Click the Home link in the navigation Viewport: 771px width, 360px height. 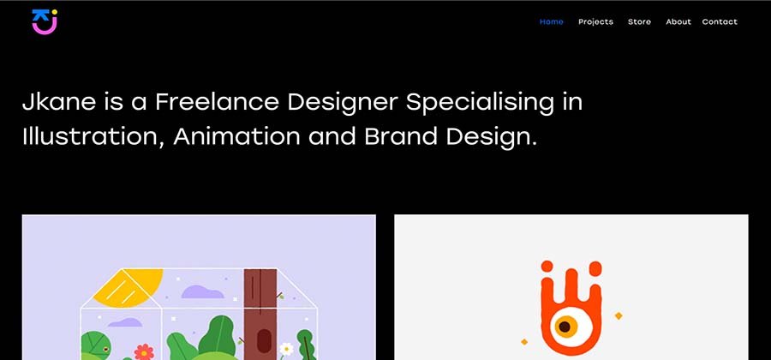[551, 21]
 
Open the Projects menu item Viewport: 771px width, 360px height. [595, 22]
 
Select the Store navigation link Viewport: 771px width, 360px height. [639, 21]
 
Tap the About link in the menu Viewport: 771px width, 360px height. [678, 21]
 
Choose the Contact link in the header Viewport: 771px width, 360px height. [720, 21]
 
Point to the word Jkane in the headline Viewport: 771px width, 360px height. [58, 102]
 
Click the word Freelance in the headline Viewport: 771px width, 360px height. [217, 102]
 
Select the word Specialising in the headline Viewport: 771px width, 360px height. [480, 103]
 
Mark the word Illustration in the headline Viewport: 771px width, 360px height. [93, 137]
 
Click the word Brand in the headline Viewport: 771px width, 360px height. [400, 136]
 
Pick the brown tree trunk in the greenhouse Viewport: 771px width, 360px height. [260, 311]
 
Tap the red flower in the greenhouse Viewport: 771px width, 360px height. [144, 351]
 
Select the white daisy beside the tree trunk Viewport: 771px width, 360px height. [286, 349]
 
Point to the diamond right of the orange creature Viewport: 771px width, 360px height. [619, 315]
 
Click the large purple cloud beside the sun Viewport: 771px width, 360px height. [202, 291]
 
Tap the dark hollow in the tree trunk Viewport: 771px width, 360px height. [264, 341]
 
